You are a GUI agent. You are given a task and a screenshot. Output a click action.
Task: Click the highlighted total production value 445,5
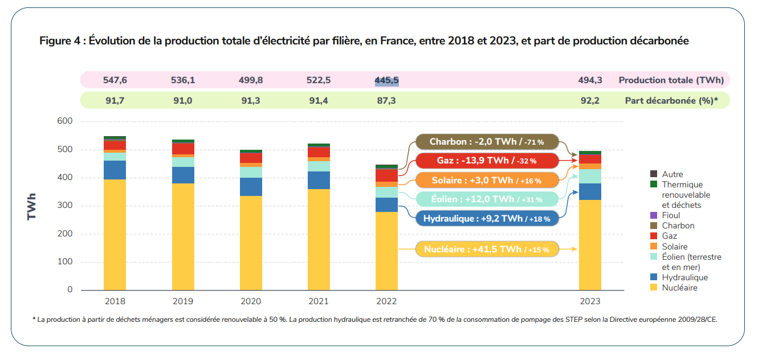point(386,80)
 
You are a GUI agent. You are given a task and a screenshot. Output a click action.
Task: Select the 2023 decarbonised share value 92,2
point(590,100)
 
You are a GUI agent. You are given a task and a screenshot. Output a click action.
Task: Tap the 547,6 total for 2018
point(115,80)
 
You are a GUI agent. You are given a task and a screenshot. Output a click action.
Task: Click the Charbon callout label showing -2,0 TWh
point(486,141)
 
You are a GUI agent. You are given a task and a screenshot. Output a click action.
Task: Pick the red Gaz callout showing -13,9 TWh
point(486,161)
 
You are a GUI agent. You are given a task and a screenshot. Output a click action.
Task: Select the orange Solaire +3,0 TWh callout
point(486,180)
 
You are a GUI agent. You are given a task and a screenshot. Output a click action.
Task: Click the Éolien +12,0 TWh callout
point(486,199)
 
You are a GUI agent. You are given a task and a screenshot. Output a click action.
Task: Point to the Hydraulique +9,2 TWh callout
point(486,218)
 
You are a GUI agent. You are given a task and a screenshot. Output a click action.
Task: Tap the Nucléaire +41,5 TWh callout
point(486,249)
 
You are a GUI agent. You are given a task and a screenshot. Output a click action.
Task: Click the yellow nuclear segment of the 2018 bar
point(115,235)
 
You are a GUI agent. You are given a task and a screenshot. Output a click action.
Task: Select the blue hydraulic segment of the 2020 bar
point(251,187)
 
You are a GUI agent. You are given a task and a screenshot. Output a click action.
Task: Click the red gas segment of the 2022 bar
point(386,175)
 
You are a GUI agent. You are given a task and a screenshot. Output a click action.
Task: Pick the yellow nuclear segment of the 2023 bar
point(590,245)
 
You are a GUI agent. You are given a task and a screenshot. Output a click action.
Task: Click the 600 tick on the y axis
point(65,121)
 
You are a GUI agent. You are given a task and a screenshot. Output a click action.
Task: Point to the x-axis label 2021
point(319,301)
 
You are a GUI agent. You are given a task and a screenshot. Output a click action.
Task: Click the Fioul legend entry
point(671,215)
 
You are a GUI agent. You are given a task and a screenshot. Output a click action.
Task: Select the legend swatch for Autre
point(654,174)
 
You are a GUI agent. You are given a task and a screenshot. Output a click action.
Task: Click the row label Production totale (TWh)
point(671,80)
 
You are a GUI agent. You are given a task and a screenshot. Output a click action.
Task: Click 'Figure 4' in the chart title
point(59,41)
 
